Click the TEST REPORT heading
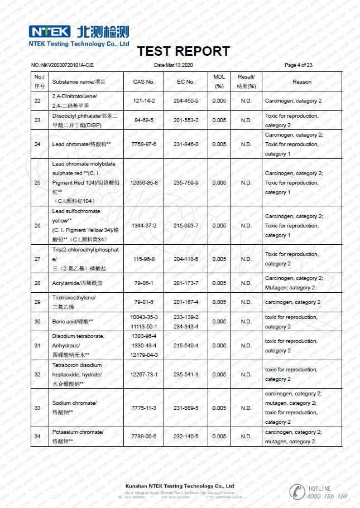tap(183, 51)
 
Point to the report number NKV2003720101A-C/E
tap(62, 65)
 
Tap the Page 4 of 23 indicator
tap(299, 65)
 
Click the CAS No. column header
tap(143, 81)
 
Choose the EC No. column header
tap(186, 81)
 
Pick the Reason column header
tap(301, 81)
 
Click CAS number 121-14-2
tap(143, 101)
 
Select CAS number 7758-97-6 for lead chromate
tap(143, 144)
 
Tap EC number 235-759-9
tap(186, 182)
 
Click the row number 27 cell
tap(37, 259)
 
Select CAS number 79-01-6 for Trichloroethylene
tap(143, 302)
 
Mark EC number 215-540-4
tap(186, 346)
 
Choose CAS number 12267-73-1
tap(143, 374)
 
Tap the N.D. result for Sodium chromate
tap(246, 408)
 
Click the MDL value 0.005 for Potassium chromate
tap(219, 436)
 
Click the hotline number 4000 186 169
tap(327, 496)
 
